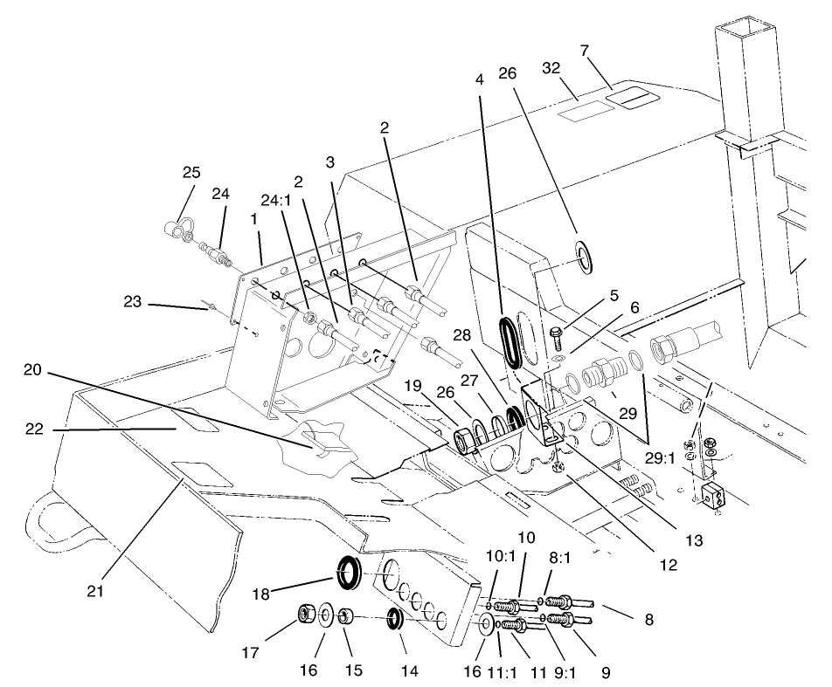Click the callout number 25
[x=191, y=173]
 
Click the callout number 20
[x=32, y=370]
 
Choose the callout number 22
[x=34, y=430]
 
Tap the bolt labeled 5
[x=556, y=333]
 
